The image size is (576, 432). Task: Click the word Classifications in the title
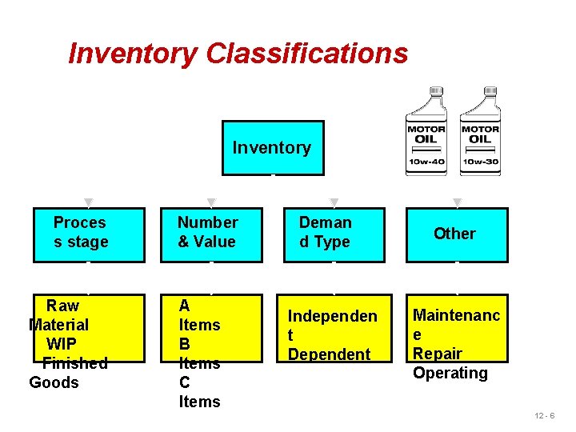click(x=306, y=54)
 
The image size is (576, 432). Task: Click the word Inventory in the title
click(x=133, y=54)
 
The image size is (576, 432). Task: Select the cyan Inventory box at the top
click(x=272, y=147)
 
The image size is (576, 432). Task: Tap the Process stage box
click(x=88, y=234)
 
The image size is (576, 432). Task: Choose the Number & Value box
click(x=210, y=234)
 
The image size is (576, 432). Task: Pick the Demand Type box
click(x=333, y=234)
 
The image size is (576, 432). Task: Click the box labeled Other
click(x=456, y=234)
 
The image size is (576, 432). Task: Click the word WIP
click(x=62, y=344)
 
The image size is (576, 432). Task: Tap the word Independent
click(x=332, y=316)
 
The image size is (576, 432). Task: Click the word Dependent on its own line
click(x=329, y=354)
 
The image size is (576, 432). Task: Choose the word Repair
click(x=438, y=354)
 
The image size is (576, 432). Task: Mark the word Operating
click(x=450, y=373)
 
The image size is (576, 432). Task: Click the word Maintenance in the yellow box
click(x=456, y=315)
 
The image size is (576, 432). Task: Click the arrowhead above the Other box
click(x=458, y=202)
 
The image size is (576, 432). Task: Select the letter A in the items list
click(x=185, y=306)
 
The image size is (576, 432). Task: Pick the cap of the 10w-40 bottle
click(x=436, y=91)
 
